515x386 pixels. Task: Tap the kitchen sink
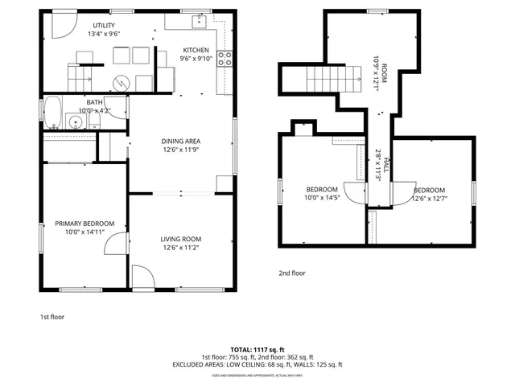click(x=198, y=21)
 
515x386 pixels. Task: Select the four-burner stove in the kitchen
click(x=225, y=58)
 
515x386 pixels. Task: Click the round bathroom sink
click(x=75, y=122)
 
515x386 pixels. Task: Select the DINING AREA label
click(x=181, y=141)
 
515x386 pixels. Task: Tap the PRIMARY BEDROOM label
click(x=84, y=224)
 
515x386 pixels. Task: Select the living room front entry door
click(x=142, y=279)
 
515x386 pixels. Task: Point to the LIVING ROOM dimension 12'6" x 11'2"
click(x=181, y=248)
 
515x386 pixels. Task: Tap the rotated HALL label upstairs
click(x=387, y=166)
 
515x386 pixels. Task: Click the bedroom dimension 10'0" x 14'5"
click(x=321, y=198)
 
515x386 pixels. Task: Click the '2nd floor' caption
click(x=292, y=273)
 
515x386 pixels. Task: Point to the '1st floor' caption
click(x=52, y=317)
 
